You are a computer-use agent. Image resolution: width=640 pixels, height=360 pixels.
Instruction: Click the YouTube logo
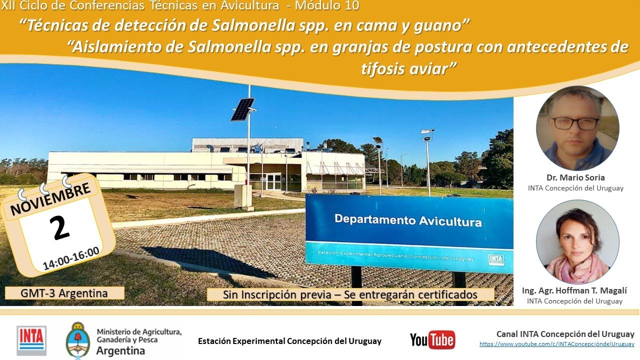432,340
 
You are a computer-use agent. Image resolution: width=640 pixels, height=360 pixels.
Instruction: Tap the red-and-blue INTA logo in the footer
31,340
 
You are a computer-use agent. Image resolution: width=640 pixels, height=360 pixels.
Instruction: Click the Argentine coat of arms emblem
78,340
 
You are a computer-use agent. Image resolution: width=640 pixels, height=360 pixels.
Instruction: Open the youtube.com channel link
556,344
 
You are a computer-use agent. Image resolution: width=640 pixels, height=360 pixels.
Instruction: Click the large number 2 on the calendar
60,228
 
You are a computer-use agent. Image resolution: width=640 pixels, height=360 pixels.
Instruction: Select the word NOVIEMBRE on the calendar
50,198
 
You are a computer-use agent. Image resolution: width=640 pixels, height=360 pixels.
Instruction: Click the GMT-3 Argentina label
64,293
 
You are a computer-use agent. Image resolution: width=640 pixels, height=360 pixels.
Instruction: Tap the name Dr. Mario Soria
575,177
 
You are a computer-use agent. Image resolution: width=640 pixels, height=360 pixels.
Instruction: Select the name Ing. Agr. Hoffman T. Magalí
574,290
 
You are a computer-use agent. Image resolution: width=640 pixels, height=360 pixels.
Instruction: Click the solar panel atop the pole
242,109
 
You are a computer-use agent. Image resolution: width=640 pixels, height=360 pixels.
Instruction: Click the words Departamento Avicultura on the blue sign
408,220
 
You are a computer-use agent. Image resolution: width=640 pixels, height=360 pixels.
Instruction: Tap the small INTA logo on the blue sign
496,259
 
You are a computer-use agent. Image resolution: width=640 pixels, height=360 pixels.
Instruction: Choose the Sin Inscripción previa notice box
350,294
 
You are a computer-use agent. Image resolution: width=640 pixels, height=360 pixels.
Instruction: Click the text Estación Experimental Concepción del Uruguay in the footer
289,341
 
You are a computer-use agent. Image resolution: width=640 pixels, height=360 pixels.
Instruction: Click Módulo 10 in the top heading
327,6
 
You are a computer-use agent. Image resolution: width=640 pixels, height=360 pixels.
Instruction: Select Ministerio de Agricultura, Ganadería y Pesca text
138,336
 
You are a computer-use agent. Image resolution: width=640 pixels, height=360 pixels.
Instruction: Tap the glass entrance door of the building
273,181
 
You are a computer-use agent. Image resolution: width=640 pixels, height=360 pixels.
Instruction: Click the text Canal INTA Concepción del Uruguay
565,334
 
